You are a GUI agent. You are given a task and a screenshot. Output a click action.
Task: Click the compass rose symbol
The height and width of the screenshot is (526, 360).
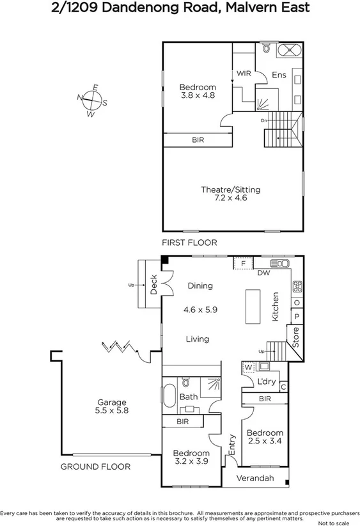[x=92, y=101]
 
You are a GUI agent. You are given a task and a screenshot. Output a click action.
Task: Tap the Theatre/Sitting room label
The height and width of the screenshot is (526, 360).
[x=231, y=194]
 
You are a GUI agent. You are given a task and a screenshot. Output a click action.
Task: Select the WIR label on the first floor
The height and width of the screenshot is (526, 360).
[x=244, y=74]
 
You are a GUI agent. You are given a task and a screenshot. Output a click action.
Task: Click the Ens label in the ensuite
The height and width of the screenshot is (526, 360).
[x=279, y=74]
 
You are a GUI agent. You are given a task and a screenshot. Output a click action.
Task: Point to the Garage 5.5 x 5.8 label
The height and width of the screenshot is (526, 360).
[x=112, y=406]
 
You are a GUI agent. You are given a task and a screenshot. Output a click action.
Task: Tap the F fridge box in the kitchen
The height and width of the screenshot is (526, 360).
[x=243, y=262]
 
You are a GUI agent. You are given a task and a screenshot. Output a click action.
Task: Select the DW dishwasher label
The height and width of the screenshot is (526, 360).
[x=262, y=273]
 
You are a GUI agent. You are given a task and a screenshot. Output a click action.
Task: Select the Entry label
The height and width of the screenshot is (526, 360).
[x=232, y=446]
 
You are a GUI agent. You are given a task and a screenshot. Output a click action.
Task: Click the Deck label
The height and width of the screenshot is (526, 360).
[x=154, y=285]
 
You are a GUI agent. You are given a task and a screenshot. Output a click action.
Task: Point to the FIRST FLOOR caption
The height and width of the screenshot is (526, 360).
[x=189, y=243]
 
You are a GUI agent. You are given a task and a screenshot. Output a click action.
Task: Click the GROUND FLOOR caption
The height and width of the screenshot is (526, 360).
[x=95, y=466]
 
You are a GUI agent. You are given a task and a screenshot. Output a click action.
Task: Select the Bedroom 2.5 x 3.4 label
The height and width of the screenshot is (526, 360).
[x=264, y=436]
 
